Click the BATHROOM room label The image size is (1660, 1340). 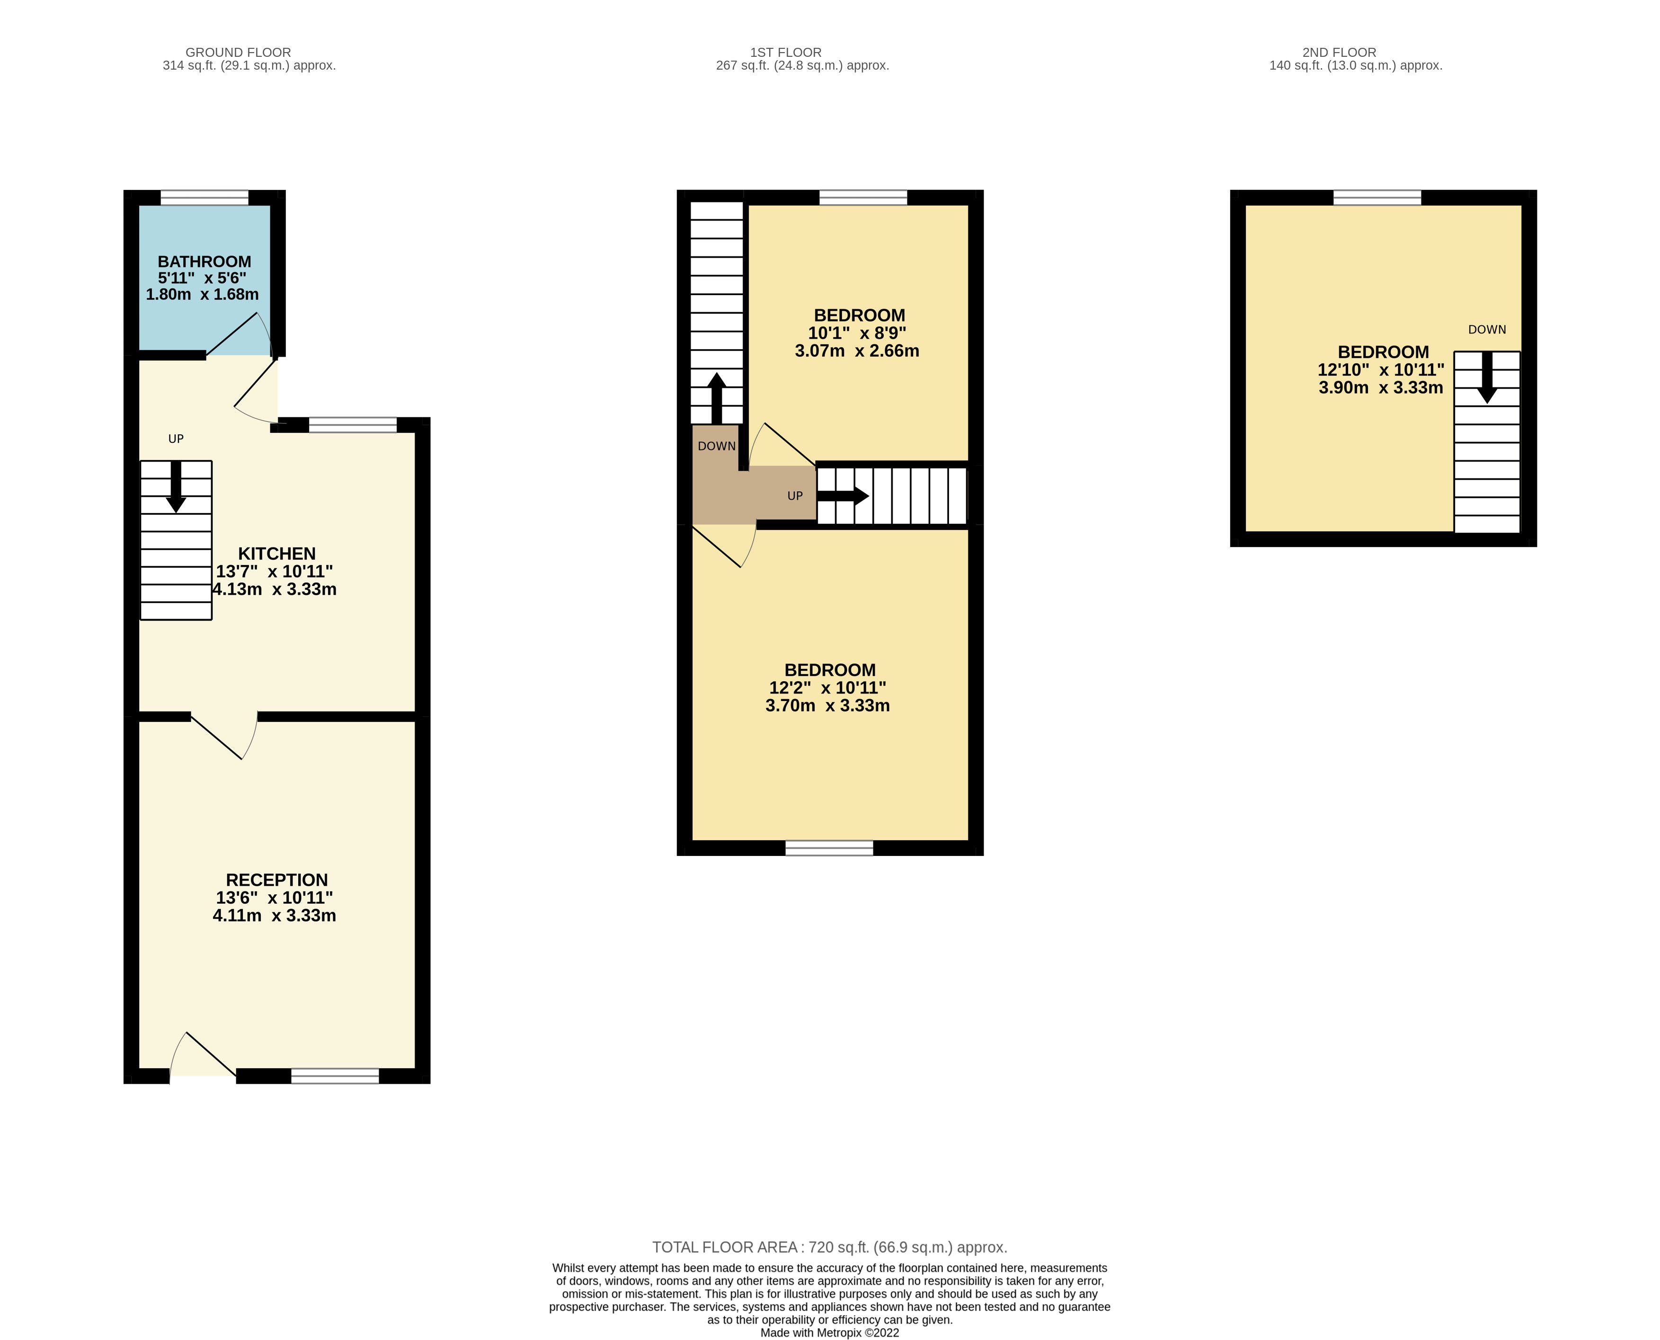pos(204,261)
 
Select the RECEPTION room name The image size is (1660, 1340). pos(277,880)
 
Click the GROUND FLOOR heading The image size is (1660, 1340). pos(239,53)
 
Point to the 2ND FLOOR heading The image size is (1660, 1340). pos(1339,53)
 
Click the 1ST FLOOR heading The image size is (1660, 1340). pos(786,53)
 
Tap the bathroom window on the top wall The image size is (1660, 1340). pos(204,198)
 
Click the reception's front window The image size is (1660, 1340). pos(335,1076)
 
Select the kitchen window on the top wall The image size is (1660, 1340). pos(353,424)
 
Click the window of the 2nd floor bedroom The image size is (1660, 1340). pos(1377,198)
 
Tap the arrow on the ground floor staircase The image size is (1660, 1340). pos(176,486)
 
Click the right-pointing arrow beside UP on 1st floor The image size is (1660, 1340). pos(843,495)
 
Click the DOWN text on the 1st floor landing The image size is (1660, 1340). pos(717,446)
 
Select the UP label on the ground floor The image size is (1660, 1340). pos(176,439)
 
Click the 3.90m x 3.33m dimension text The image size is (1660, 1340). pos(1381,387)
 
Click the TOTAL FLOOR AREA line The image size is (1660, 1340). pos(830,1247)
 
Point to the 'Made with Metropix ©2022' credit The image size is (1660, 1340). pos(830,1332)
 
